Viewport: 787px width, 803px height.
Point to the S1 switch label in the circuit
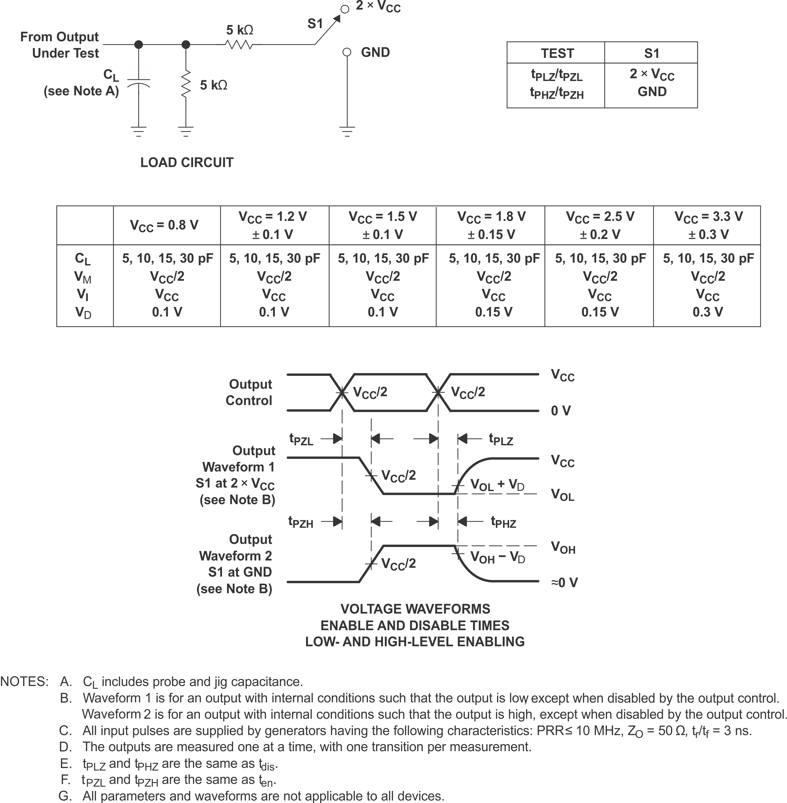pyautogui.click(x=315, y=24)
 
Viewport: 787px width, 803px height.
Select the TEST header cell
pyautogui.click(x=557, y=53)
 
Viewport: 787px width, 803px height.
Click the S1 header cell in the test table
pyautogui.click(x=651, y=53)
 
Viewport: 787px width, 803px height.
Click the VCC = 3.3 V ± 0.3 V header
pyautogui.click(x=708, y=225)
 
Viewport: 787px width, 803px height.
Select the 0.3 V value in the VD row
pyautogui.click(x=708, y=312)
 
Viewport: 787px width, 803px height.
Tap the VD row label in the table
pyautogui.click(x=83, y=313)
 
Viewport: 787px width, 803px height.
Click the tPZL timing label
pyautogui.click(x=301, y=439)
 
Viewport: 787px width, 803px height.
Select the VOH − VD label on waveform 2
pyautogui.click(x=498, y=558)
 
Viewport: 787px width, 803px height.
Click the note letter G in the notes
pyautogui.click(x=65, y=795)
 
